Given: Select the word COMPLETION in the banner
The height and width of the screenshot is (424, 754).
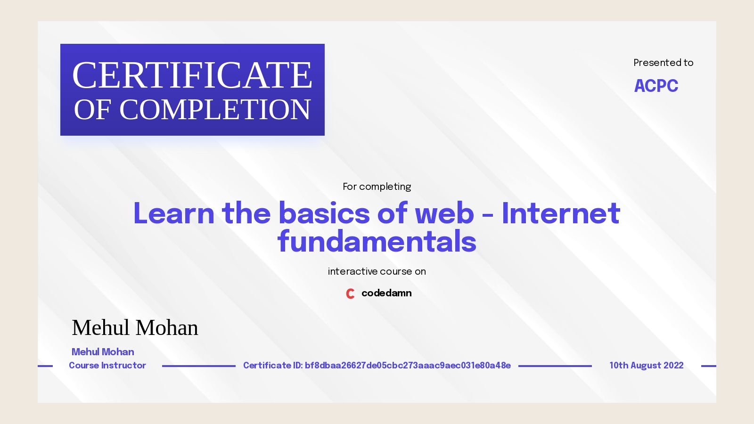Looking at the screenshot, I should [x=215, y=110].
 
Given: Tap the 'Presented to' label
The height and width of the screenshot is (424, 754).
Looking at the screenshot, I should [x=663, y=63].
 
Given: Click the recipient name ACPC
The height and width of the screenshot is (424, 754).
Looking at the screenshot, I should [x=656, y=86].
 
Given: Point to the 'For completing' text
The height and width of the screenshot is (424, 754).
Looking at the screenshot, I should [x=377, y=187].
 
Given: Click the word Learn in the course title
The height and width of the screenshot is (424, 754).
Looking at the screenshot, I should [x=174, y=213].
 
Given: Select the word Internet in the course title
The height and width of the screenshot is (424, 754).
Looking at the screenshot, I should [x=561, y=213].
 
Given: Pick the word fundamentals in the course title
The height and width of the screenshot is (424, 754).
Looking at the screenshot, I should [x=377, y=242].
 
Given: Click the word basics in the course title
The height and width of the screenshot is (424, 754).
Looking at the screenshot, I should [x=324, y=213].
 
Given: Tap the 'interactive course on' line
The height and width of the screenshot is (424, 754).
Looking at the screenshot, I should [x=377, y=271].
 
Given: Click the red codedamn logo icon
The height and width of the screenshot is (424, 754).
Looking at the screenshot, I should [x=350, y=294].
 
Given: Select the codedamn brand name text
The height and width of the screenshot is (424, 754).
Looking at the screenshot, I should [x=386, y=293].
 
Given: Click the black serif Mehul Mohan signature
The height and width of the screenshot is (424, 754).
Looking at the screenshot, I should [x=135, y=328].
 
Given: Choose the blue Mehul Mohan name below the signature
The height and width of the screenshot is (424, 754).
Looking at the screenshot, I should [x=103, y=352].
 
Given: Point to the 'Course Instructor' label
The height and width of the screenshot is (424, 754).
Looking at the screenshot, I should [x=107, y=366].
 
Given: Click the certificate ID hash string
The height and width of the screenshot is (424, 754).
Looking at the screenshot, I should [x=408, y=366].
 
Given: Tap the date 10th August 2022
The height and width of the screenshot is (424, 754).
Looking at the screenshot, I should [x=646, y=366].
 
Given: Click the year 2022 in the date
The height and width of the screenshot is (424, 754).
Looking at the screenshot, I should [x=673, y=366].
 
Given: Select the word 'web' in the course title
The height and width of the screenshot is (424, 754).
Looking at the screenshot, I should [x=444, y=213].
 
